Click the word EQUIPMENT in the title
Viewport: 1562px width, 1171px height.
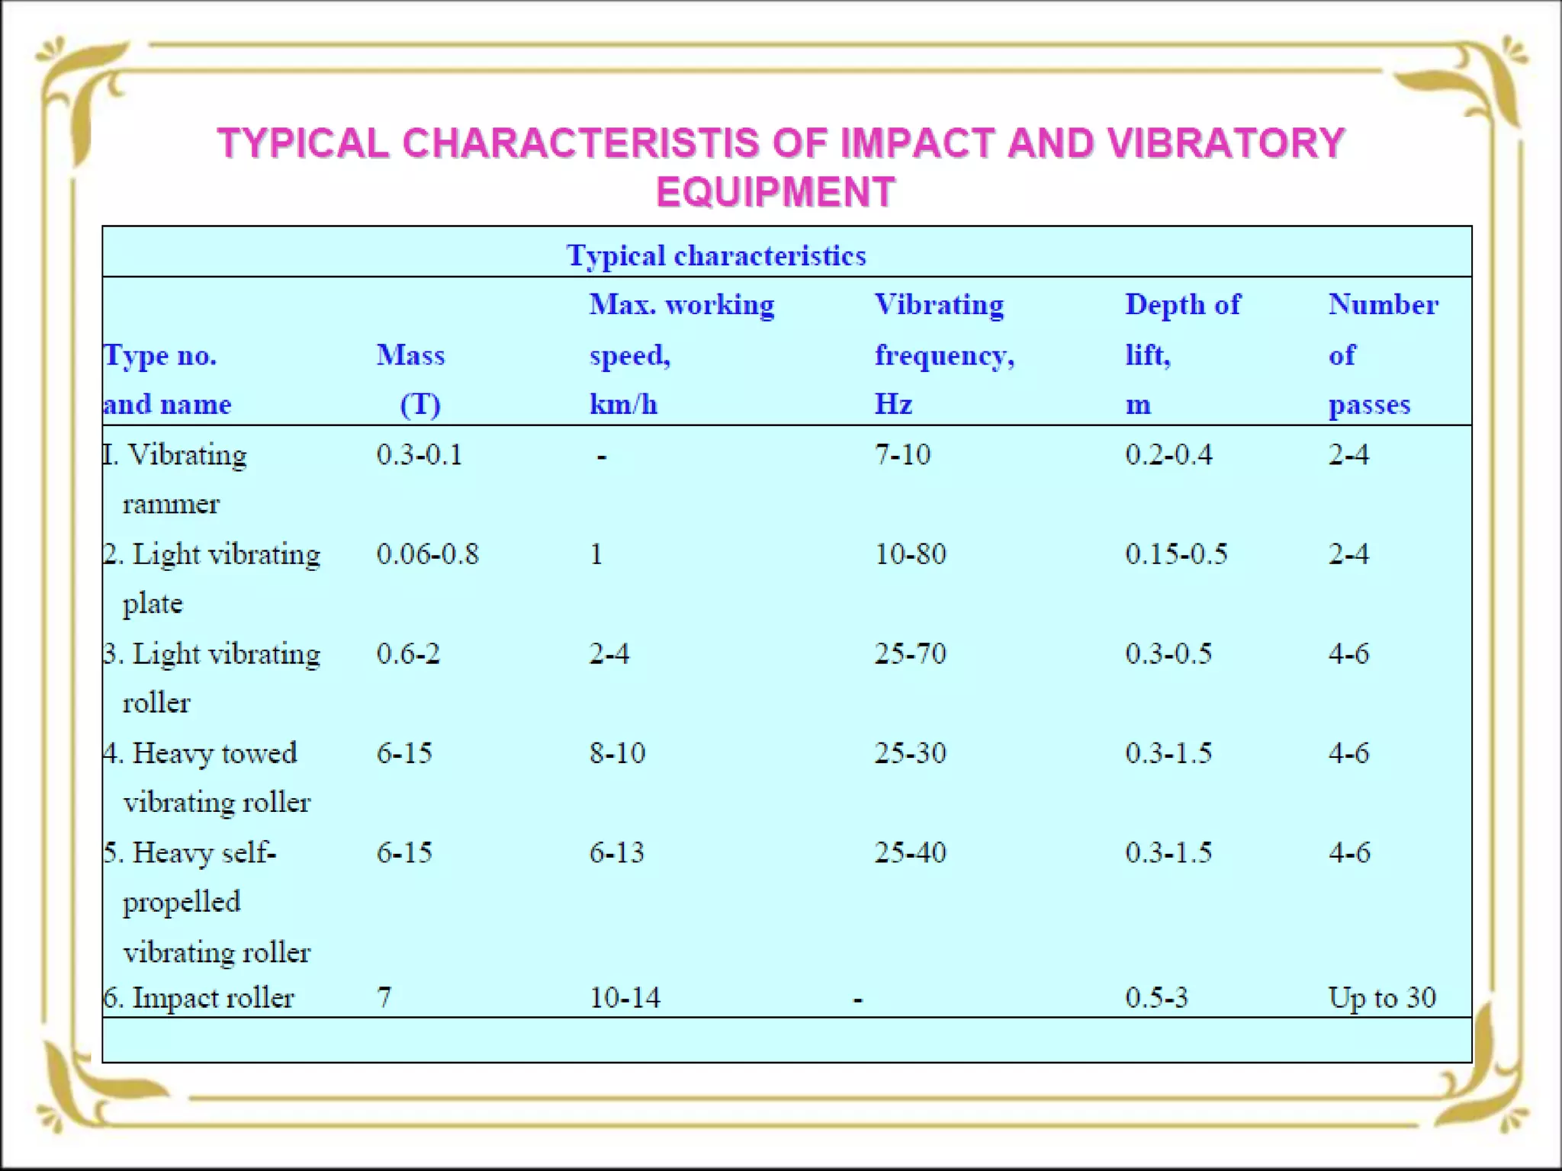click(775, 191)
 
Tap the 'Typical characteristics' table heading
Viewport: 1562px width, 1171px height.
click(716, 255)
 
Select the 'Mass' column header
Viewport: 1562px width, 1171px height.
click(410, 355)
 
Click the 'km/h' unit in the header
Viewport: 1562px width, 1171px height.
click(623, 404)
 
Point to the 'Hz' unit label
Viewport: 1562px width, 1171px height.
click(893, 404)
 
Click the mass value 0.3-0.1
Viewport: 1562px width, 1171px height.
click(419, 455)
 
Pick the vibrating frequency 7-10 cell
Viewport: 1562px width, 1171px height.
click(902, 455)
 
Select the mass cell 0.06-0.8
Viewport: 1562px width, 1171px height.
click(427, 554)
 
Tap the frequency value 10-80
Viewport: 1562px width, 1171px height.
click(910, 554)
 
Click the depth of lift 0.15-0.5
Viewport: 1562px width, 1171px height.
click(1176, 554)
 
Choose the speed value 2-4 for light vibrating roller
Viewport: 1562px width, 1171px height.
click(609, 654)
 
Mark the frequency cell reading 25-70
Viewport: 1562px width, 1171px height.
click(910, 654)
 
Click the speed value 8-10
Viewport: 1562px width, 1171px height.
click(617, 753)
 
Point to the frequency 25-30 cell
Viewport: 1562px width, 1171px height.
click(910, 753)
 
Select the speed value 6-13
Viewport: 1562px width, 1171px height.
click(617, 852)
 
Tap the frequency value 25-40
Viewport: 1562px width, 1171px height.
click(910, 852)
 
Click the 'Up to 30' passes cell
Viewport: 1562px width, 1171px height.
click(1382, 998)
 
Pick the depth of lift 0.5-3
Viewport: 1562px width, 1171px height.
click(1156, 998)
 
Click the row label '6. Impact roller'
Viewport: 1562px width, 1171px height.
click(199, 998)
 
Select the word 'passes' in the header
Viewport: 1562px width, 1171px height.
click(1369, 404)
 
